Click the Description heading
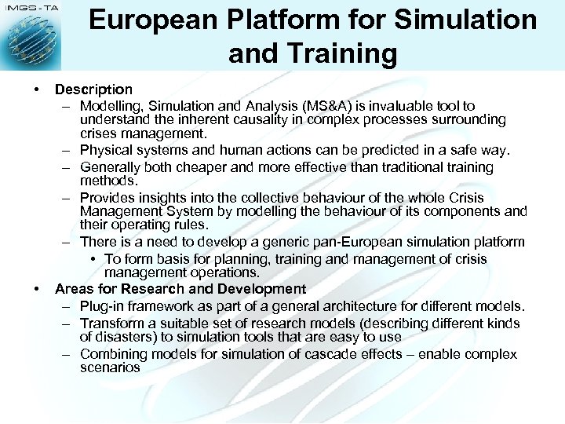click(93, 90)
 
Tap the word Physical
click(107, 150)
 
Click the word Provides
click(108, 197)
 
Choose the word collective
click(259, 197)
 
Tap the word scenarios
click(110, 367)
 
